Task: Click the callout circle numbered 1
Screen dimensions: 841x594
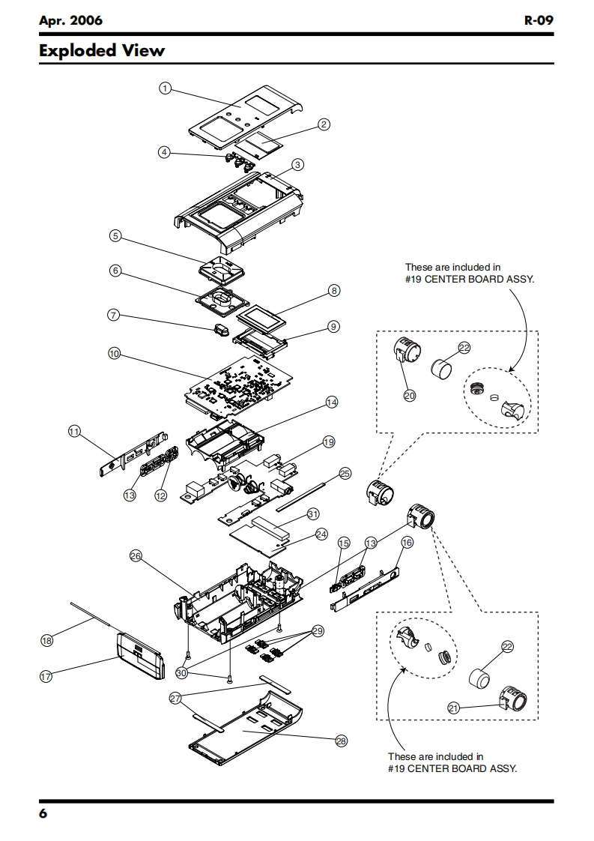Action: [164, 88]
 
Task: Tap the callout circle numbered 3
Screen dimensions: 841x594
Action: [297, 164]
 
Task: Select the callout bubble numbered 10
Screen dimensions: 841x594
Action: [114, 353]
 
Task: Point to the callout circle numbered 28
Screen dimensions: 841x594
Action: [342, 741]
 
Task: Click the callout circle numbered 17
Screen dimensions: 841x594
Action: [46, 676]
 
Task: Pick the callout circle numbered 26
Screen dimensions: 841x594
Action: [136, 555]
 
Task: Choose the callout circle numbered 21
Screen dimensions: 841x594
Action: [453, 708]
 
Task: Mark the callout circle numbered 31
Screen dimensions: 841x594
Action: [313, 514]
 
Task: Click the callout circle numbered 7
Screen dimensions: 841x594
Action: [114, 316]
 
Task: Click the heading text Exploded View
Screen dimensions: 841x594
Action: [102, 51]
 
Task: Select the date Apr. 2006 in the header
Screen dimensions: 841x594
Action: [70, 20]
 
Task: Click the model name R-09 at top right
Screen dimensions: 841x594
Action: [539, 20]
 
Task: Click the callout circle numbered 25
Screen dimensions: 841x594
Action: [345, 473]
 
